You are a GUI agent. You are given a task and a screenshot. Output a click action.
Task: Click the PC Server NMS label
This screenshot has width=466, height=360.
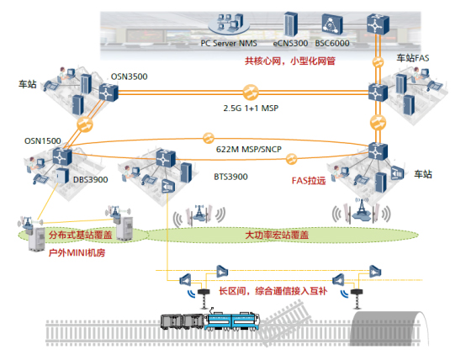(x=229, y=43)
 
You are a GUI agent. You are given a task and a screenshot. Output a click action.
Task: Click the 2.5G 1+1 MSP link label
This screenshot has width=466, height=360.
(x=251, y=109)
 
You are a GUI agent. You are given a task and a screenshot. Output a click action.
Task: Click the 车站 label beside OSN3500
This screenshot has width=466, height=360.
(x=29, y=85)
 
